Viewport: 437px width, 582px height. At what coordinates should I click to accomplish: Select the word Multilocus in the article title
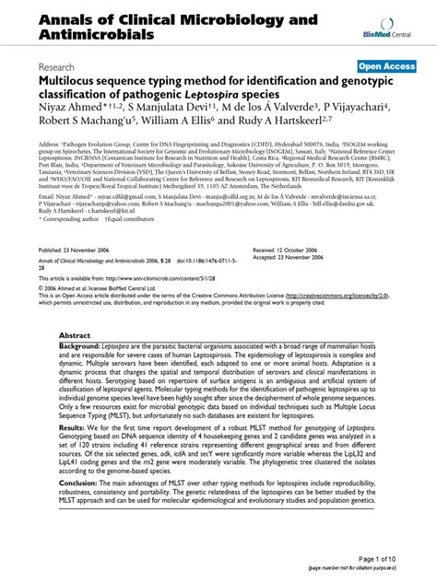pyautogui.click(x=70, y=81)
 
